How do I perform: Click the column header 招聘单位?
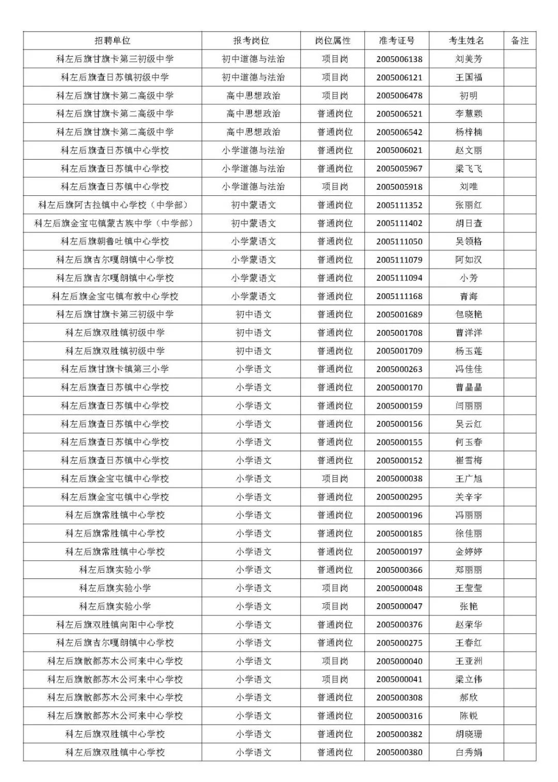point(113,41)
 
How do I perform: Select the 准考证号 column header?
point(397,41)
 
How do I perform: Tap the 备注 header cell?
point(520,41)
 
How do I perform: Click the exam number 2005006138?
point(399,59)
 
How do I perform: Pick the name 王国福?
point(469,77)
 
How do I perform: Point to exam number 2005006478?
point(399,96)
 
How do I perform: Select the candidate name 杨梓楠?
point(469,132)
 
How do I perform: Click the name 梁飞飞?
point(469,169)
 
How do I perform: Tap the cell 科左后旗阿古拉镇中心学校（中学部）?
point(113,205)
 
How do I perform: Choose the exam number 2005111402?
point(399,224)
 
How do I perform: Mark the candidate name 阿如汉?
point(469,260)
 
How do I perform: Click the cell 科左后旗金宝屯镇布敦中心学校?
point(115,296)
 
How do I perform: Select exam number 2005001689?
point(399,315)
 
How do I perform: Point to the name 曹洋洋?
point(469,333)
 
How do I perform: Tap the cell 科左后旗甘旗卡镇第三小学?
point(115,369)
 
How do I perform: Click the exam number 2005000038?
point(399,479)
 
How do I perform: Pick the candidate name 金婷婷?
point(469,552)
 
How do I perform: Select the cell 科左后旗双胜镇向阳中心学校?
point(115,624)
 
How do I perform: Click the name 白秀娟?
point(469,753)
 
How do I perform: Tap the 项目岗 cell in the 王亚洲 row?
point(335,661)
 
